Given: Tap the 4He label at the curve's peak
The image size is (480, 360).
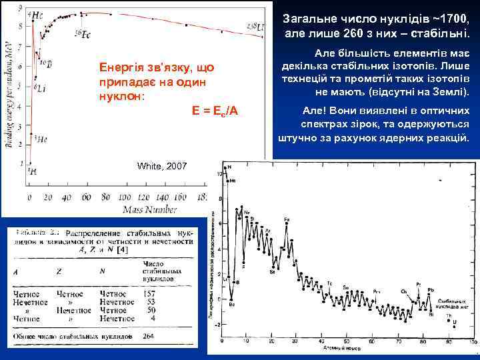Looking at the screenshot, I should coord(39,13).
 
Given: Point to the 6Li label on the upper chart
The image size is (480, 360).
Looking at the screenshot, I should coord(40,87).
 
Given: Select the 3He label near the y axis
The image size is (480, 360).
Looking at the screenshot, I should coord(40,140).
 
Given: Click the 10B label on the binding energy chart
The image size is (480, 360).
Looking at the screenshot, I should coord(44,63).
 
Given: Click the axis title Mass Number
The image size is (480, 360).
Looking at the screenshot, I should coord(150,209).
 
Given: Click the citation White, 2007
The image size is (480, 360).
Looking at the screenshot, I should coord(162,165).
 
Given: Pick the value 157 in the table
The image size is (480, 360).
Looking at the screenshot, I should coord(151,293).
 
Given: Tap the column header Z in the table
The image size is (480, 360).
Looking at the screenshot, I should coord(60,271).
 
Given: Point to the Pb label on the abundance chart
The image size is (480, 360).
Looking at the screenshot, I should coord(431,290).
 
